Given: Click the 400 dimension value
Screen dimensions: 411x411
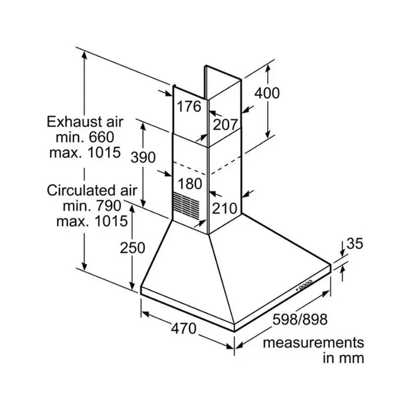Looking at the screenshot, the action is coord(267,93).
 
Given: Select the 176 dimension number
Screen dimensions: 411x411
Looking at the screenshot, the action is coord(189,107).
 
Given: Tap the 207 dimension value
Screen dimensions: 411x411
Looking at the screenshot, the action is coord(225,124).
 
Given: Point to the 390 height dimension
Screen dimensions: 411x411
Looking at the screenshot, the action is coord(143,157).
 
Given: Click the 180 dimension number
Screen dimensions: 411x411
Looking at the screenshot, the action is coord(190,183).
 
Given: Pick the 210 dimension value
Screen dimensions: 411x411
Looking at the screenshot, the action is coord(224,208).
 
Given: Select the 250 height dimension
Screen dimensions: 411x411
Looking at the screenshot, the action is coord(132,248).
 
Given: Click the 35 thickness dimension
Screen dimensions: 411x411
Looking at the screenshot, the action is coord(355,244).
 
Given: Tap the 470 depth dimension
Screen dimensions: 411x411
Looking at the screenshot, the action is coord(183,328).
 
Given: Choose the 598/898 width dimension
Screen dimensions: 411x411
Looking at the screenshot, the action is coord(300,319).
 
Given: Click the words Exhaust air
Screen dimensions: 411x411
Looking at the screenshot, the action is coord(85,122).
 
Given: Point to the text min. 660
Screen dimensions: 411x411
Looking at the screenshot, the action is coord(85,137).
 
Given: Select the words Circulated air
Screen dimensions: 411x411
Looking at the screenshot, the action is coord(92,190).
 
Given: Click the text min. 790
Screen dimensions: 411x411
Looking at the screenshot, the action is coord(92,206).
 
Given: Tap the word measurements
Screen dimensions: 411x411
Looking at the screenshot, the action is coord(314,343).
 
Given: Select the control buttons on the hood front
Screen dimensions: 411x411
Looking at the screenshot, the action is coord(305,285).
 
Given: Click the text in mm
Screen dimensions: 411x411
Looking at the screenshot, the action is coord(343,358).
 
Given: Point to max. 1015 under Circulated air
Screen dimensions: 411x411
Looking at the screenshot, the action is coord(92,221).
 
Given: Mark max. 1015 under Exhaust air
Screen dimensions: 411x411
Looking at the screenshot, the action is coord(85,153).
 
